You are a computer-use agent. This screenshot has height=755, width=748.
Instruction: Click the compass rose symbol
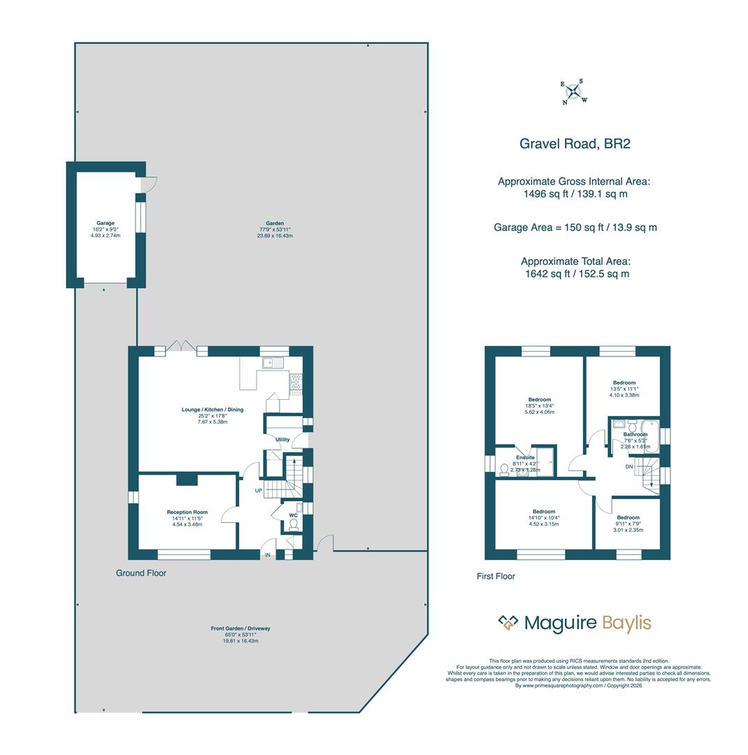(x=573, y=92)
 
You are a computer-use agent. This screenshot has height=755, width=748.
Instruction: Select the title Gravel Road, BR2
(x=575, y=144)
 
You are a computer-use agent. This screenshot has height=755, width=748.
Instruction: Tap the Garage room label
(x=106, y=223)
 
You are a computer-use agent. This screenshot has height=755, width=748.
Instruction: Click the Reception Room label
(x=187, y=512)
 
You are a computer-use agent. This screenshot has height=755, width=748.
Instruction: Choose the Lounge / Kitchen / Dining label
(x=213, y=410)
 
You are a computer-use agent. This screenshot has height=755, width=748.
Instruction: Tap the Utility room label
(x=282, y=440)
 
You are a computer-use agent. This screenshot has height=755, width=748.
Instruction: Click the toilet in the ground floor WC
(x=294, y=524)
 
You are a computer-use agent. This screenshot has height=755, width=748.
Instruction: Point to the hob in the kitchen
(x=296, y=382)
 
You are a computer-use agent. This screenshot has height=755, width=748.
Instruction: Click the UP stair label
(x=259, y=491)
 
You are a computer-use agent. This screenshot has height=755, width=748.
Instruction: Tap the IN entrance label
(x=268, y=555)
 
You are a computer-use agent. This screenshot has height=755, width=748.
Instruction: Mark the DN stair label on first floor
(x=629, y=466)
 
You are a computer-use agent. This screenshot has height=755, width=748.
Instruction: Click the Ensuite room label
(x=526, y=457)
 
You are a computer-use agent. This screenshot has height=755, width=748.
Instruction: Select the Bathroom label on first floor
(x=635, y=434)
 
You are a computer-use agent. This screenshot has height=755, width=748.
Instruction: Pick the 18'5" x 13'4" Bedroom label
(x=539, y=400)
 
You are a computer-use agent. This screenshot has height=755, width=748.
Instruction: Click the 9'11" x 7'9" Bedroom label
(x=628, y=518)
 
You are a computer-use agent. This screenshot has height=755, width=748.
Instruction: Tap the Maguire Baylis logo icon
(x=508, y=622)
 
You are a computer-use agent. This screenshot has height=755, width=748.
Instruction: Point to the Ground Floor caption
(x=141, y=573)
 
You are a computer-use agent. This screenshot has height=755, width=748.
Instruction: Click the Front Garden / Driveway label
(x=240, y=628)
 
